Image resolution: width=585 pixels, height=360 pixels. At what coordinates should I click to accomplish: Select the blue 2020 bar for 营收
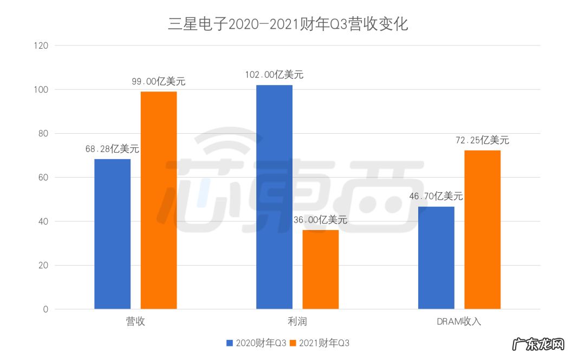112,234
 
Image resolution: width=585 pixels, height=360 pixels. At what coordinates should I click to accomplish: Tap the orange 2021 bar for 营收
159,200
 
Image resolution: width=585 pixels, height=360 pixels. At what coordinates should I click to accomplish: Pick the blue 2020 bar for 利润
274,197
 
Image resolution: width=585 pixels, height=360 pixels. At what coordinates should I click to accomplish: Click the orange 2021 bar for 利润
321,270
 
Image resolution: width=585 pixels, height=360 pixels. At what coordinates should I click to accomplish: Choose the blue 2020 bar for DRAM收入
436,258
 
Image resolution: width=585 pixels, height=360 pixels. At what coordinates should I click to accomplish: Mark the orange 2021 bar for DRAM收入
483,230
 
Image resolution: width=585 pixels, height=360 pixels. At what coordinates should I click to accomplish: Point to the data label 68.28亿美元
112,148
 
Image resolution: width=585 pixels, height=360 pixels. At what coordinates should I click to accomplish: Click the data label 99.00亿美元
159,81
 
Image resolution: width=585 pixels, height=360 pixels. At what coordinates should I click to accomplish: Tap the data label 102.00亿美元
274,74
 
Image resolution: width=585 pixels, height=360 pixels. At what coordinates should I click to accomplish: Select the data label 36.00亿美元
321,220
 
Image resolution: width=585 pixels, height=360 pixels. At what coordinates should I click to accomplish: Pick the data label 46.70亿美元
436,196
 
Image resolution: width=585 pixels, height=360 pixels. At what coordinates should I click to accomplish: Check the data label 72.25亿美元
483,140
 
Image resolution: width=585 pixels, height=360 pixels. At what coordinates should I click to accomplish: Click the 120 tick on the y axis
41,46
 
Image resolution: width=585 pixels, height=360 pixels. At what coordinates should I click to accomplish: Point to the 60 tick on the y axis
43,178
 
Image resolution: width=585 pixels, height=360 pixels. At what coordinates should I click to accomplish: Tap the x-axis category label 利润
297,322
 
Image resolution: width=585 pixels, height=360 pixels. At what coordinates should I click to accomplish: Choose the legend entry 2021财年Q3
320,343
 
